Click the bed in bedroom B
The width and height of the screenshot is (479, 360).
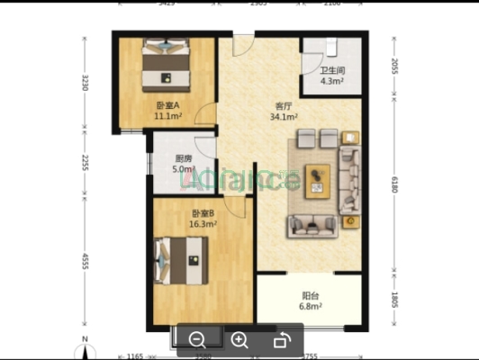[181, 262]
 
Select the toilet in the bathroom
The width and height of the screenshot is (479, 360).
[331, 47]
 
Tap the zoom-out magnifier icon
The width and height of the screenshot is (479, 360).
[198, 340]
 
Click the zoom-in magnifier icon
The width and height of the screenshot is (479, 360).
[239, 340]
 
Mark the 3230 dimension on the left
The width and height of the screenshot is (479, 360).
[85, 84]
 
